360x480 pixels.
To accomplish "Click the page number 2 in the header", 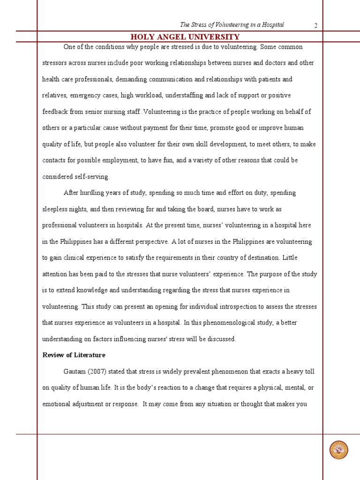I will coord(316,25).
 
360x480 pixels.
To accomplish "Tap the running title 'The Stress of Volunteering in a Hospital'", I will coord(232,25).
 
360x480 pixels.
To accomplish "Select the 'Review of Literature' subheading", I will coord(74,355).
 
